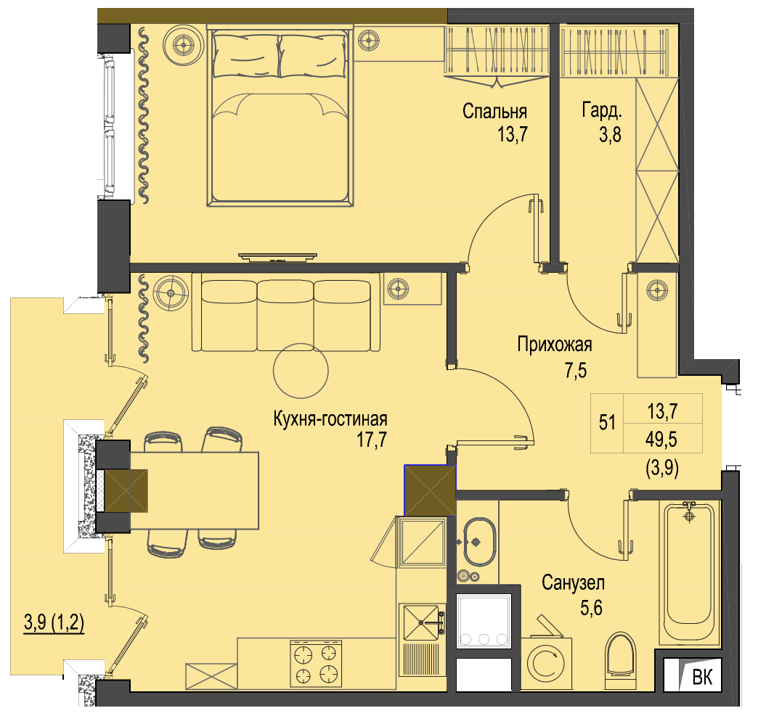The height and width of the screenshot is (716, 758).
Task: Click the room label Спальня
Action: (494, 112)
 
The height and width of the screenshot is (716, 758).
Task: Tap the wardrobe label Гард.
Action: (602, 110)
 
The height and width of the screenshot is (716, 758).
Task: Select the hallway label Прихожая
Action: (555, 345)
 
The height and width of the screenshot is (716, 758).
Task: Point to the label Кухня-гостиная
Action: (330, 419)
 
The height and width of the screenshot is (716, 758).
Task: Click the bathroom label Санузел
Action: (573, 583)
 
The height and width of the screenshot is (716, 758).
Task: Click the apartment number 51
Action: (607, 422)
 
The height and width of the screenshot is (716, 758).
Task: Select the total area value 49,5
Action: (661, 440)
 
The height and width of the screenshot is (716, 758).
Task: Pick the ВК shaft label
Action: (702, 677)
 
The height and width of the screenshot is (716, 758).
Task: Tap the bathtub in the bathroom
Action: (689, 572)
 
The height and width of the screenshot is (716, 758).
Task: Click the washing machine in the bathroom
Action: (546, 662)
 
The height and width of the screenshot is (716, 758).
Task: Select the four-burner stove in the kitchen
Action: (316, 663)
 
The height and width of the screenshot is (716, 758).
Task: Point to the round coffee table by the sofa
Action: (301, 371)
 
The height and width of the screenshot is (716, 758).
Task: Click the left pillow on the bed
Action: (245, 54)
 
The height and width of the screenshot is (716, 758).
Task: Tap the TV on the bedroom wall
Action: (277, 258)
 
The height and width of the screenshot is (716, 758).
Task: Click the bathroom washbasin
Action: (479, 542)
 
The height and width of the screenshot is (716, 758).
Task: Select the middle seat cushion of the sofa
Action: (285, 316)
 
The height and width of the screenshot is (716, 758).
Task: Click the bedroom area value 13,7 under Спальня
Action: (513, 133)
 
